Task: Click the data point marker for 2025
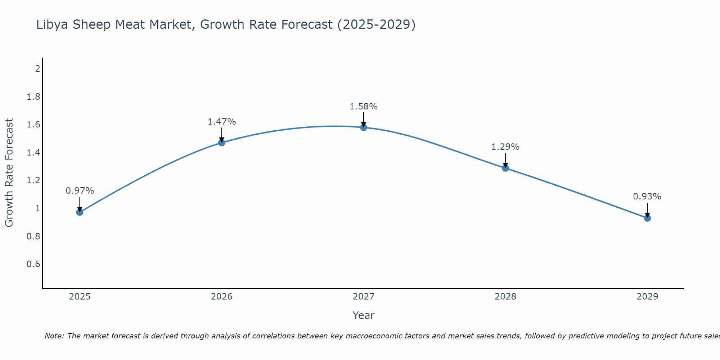[x=80, y=212]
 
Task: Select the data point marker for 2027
[x=364, y=127]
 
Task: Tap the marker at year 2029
[x=647, y=218]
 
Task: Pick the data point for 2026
[x=222, y=143]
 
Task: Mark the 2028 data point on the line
[x=505, y=168]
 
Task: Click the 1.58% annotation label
[x=364, y=107]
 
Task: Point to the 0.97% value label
[x=80, y=191]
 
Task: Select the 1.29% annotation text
[x=505, y=147]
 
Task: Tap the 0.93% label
[x=647, y=197]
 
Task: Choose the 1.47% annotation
[x=222, y=122]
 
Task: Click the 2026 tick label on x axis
[x=222, y=297]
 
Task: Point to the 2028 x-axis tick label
[x=505, y=297]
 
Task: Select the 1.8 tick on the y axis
[x=33, y=97]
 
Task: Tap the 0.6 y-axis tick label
[x=33, y=264]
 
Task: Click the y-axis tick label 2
[x=37, y=68]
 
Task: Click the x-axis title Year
[x=364, y=315]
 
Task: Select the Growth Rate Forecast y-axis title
[x=9, y=173]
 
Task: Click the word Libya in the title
[x=53, y=24]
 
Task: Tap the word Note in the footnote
[x=54, y=336]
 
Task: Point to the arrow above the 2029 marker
[x=647, y=210]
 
